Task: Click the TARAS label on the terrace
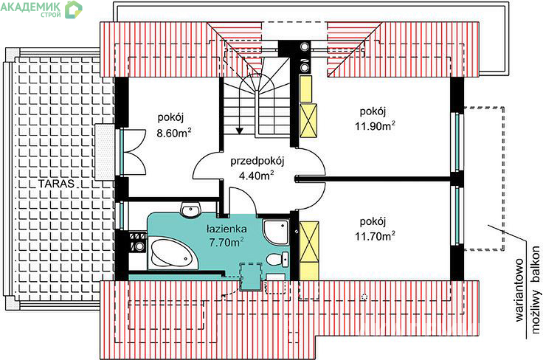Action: point(56,183)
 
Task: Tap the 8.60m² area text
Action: point(174,133)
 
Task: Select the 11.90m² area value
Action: point(375,125)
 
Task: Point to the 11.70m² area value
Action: point(375,236)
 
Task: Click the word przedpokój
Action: point(257,162)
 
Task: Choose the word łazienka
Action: point(226,229)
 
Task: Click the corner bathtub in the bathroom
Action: point(173,253)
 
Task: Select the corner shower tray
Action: point(276,231)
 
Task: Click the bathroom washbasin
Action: point(190,210)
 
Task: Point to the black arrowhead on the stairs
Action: point(239,131)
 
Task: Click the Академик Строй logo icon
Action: point(74,10)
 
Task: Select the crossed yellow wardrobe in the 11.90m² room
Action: point(308,120)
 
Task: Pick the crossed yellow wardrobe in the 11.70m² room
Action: point(308,242)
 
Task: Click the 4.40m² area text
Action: point(257,176)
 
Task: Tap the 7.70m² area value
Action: point(226,242)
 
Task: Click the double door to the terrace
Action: point(133,151)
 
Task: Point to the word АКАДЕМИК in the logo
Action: point(30,6)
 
